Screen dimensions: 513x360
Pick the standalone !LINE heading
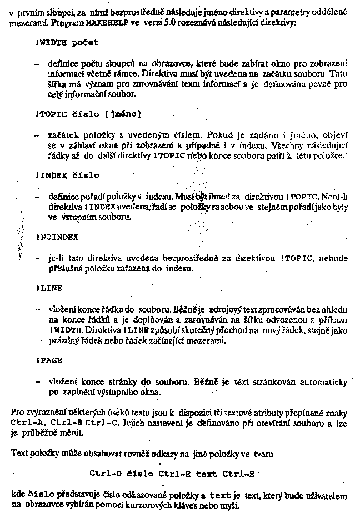49,288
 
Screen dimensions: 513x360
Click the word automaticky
323,382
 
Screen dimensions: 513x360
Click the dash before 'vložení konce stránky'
37,382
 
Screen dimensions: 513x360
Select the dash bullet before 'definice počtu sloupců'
37,64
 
